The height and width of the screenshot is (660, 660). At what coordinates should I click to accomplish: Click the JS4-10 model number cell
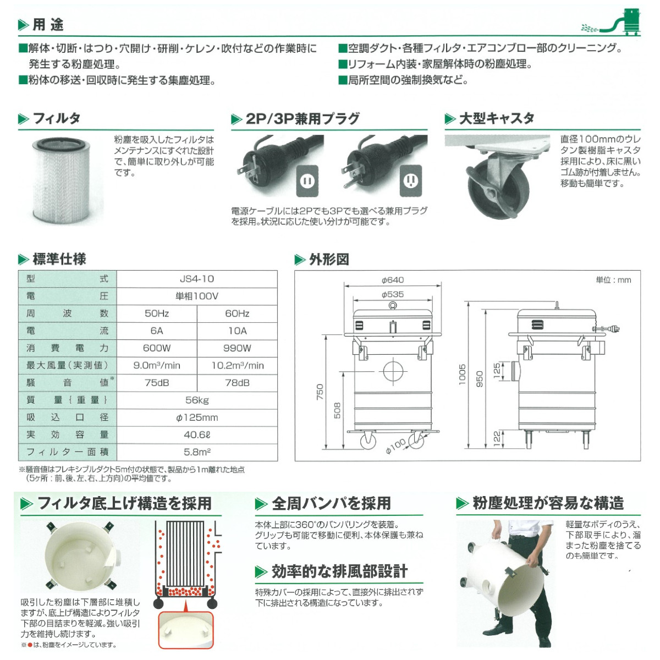[x=197, y=279]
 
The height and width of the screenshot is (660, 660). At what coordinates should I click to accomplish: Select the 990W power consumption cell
[x=237, y=348]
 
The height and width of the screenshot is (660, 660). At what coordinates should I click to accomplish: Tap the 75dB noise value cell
[x=157, y=383]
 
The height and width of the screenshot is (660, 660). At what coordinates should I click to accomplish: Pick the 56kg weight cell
[x=197, y=400]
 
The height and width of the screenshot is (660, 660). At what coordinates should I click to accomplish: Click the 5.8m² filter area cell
[x=197, y=452]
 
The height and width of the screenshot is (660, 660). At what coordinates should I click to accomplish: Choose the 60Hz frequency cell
[x=237, y=313]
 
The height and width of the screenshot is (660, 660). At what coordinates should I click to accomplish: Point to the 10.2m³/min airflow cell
[x=237, y=366]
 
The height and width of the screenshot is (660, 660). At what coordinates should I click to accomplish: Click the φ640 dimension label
[x=393, y=280]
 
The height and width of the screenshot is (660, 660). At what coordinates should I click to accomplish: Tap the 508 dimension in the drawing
[x=337, y=410]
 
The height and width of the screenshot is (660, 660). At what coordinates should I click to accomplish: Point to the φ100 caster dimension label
[x=395, y=446]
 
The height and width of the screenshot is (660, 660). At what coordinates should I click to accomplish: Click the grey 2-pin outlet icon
[x=307, y=180]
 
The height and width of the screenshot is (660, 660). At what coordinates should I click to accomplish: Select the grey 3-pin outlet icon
[x=410, y=180]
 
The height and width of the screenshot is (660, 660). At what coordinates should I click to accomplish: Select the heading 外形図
[x=329, y=260]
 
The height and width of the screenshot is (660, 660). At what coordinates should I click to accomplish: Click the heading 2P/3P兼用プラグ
[x=302, y=119]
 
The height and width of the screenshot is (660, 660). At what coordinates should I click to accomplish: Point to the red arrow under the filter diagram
[x=185, y=605]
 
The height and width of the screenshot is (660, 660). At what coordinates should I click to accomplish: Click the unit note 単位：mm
[x=613, y=280]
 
